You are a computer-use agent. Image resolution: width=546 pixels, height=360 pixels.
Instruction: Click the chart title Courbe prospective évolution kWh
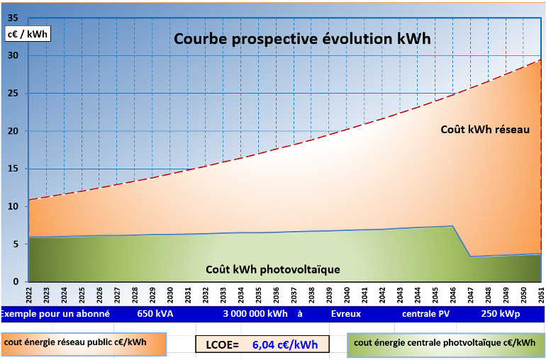[x=302, y=38]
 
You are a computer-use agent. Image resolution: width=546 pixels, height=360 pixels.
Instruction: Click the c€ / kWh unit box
[x=27, y=33]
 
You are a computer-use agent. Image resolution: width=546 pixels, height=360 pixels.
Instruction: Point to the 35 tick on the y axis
[x=13, y=18]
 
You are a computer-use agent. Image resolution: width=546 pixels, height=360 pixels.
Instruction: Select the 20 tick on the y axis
[x=13, y=131]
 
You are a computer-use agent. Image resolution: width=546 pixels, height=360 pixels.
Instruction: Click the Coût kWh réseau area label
[x=485, y=130]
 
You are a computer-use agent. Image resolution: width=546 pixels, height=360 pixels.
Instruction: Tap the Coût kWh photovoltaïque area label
[x=273, y=269]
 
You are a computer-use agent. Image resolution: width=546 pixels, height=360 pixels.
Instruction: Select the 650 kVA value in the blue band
[x=155, y=313]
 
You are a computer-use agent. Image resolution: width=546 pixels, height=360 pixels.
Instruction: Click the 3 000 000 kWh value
[x=255, y=313]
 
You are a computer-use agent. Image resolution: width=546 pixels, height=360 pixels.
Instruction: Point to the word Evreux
[x=346, y=313]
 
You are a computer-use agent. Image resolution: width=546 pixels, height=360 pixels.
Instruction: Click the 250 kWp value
[x=499, y=313]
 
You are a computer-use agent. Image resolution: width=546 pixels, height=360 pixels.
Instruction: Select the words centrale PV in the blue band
[x=425, y=313]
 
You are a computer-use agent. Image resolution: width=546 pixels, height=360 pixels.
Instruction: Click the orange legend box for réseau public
[x=83, y=344]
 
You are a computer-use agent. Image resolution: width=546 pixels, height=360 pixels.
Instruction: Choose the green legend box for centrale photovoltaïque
[x=445, y=344]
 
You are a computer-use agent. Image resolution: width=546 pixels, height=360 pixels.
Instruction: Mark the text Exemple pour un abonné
[x=55, y=313]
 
